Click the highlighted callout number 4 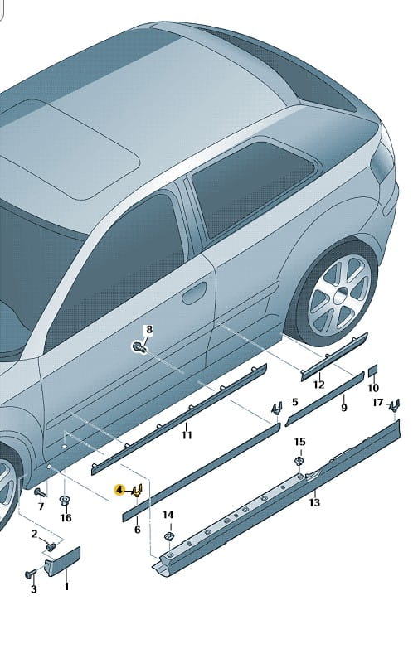pyautogui.click(x=119, y=490)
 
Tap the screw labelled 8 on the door pyautogui.click(x=139, y=346)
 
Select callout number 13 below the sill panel pyautogui.click(x=314, y=502)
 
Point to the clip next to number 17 pyautogui.click(x=395, y=405)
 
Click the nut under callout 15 pyautogui.click(x=299, y=461)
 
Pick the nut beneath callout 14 pyautogui.click(x=168, y=536)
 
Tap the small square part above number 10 pyautogui.click(x=373, y=371)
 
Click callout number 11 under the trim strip pyautogui.click(x=187, y=435)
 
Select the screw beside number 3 pyautogui.click(x=30, y=574)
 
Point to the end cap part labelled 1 pyautogui.click(x=62, y=561)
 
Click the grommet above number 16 pyautogui.click(x=64, y=501)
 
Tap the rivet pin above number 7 pyautogui.click(x=39, y=492)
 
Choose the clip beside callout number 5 pyautogui.click(x=276, y=409)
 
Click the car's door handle pyautogui.click(x=194, y=293)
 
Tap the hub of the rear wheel pyautogui.click(x=342, y=295)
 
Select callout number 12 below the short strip pyautogui.click(x=318, y=385)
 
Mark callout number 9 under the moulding pyautogui.click(x=344, y=408)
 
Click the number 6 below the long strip pyautogui.click(x=137, y=530)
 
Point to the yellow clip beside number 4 pyautogui.click(x=137, y=491)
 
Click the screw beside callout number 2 pyautogui.click(x=51, y=547)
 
